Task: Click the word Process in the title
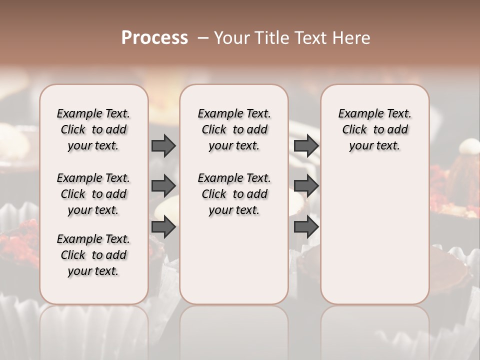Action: point(154,38)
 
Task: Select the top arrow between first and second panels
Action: point(163,145)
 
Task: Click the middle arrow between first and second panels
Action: point(163,186)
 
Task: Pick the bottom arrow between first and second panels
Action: point(163,227)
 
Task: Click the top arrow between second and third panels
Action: point(306,145)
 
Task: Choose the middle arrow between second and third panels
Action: point(306,186)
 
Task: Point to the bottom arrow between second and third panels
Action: point(306,227)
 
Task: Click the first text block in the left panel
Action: point(93,129)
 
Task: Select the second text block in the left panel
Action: point(93,194)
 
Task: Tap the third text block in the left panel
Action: point(93,255)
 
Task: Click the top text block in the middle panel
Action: point(234,129)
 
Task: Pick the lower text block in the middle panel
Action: point(234,194)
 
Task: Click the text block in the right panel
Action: point(375,129)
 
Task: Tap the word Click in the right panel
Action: point(354,130)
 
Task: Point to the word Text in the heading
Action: point(309,38)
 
